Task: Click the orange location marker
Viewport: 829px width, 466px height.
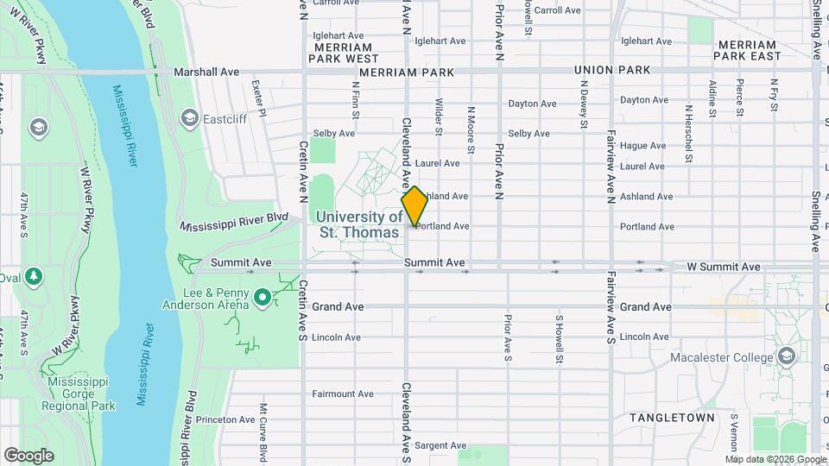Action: [x=414, y=206]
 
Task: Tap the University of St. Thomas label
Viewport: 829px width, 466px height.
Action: [x=358, y=224]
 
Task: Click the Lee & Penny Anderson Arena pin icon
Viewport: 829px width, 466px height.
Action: [x=263, y=299]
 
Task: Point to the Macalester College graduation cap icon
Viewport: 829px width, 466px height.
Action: [x=786, y=356]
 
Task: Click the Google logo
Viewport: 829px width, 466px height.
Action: [x=28, y=455]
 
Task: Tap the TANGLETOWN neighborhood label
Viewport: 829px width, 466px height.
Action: [x=672, y=418]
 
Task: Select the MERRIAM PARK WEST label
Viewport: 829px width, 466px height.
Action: [x=344, y=53]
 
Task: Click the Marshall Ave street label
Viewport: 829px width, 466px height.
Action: [x=206, y=72]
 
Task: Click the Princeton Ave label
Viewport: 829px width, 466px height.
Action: [x=225, y=419]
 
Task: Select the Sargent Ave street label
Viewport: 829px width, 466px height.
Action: [x=440, y=445]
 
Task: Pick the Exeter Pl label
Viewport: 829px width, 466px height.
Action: [x=256, y=87]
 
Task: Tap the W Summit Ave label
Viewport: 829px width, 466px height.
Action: [x=724, y=267]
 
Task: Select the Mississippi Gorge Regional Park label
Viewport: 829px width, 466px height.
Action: [x=81, y=394]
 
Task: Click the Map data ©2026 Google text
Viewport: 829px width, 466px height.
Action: [x=774, y=459]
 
